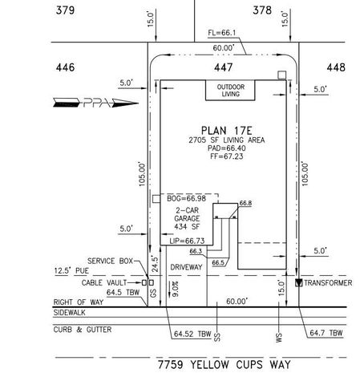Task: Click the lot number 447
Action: [223, 68]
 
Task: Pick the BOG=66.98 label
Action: [187, 197]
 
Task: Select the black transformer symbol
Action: [299, 282]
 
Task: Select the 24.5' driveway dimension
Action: [155, 262]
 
